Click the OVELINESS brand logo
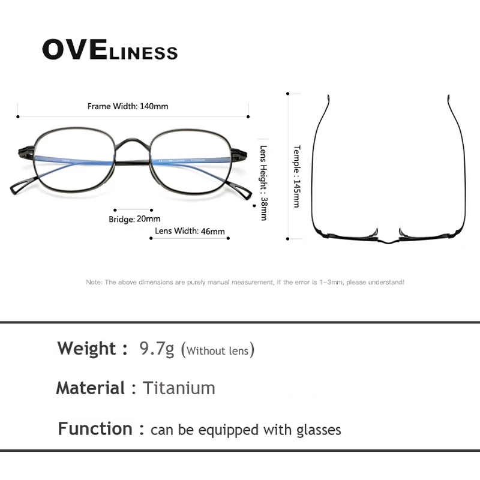tap(110, 50)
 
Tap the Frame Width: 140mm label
tap(128, 106)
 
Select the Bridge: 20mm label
tap(134, 219)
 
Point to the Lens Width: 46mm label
tap(190, 231)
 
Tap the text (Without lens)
tap(217, 350)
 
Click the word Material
tap(90, 388)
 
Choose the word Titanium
tap(179, 388)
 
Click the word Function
tap(95, 429)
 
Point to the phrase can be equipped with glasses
tap(245, 430)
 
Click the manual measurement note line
tap(245, 281)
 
